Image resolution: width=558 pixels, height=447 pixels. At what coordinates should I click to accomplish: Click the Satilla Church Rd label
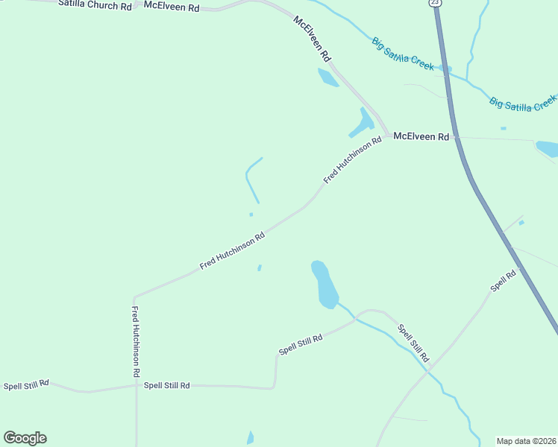point(95,6)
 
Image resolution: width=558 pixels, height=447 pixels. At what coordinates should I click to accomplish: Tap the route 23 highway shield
point(436,3)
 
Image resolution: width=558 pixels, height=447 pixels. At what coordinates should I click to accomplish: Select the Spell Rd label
point(503,281)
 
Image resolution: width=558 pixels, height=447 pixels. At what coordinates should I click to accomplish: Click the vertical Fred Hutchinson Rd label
point(136,340)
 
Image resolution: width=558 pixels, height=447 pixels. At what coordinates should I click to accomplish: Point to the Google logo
point(25,438)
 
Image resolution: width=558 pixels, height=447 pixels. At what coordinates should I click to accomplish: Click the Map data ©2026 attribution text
point(526,440)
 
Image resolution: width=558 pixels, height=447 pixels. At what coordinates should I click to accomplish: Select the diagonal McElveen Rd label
point(312,39)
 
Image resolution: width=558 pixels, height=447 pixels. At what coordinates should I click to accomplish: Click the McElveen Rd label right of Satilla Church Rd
point(172,7)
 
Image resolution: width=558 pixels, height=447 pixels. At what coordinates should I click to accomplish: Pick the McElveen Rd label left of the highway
point(421,137)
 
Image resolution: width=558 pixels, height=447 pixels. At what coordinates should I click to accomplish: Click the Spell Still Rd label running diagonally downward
point(413,343)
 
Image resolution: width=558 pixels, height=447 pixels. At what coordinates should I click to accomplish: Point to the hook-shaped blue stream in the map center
point(250,177)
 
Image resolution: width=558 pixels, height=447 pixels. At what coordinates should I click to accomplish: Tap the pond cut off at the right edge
point(548,148)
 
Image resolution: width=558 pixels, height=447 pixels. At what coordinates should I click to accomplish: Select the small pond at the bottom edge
point(251,439)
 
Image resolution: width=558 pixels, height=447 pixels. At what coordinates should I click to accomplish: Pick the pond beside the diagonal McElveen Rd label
point(327,77)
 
